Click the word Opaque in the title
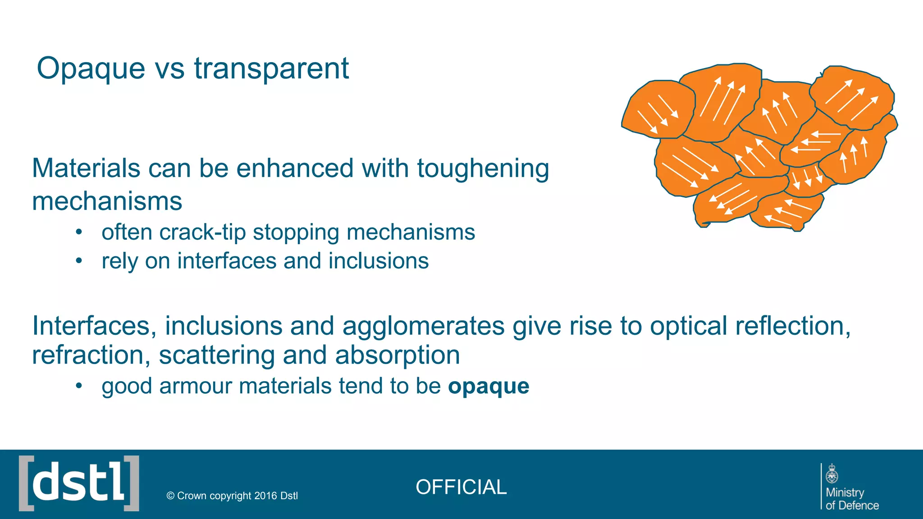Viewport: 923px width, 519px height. tap(91, 69)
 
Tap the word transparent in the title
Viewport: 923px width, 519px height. tap(271, 69)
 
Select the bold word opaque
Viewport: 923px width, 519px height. tap(489, 387)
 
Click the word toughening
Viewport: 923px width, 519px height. tap(483, 168)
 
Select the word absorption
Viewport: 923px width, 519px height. tap(397, 355)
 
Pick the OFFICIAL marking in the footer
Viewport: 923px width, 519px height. tap(461, 487)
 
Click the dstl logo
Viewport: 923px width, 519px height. tap(79, 483)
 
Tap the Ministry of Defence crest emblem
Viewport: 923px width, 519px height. tap(832, 474)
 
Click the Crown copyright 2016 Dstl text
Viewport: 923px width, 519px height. tap(232, 496)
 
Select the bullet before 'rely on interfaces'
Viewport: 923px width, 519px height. tap(79, 261)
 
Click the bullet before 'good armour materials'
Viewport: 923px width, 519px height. tap(79, 386)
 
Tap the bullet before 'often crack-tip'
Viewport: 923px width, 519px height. tap(79, 232)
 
